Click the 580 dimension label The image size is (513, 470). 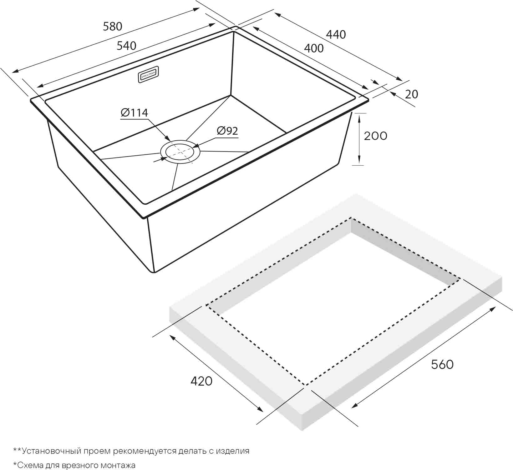pos(113,27)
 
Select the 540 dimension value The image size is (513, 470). pos(127,46)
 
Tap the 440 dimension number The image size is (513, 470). pos(336,34)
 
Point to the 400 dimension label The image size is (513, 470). pos(314,48)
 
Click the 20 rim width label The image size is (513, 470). pos(411,94)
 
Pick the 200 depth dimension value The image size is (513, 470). pos(375,136)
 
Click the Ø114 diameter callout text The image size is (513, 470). pos(135,112)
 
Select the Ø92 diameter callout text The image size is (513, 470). pos(227,131)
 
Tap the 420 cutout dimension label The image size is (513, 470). pos(201,381)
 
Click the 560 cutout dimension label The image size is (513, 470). pos(442,364)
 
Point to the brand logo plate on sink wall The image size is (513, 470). pos(149,74)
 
